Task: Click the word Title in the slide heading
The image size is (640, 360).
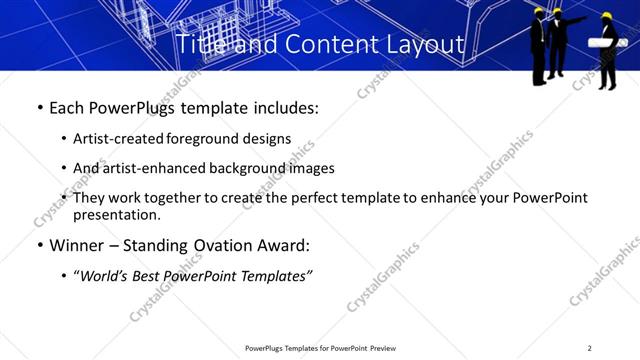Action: click(198, 45)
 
